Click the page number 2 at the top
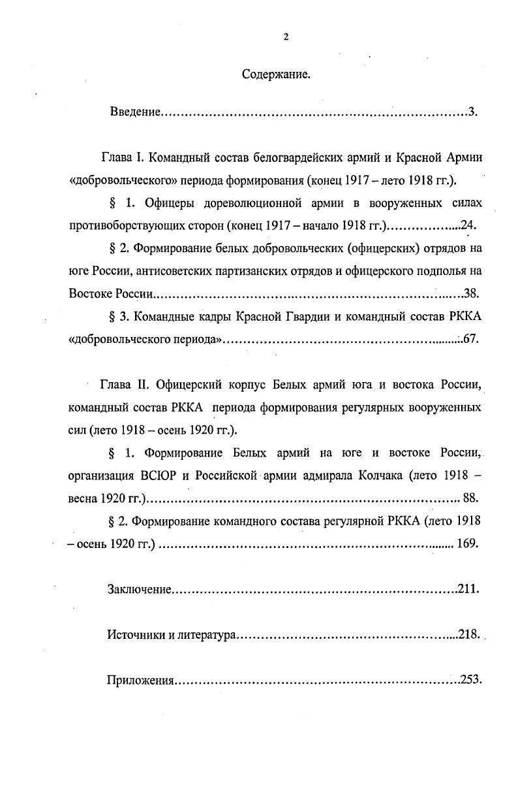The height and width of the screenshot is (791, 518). (285, 37)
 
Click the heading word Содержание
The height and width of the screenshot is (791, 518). (276, 74)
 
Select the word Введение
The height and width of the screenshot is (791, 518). (135, 112)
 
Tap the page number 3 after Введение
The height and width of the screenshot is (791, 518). (471, 112)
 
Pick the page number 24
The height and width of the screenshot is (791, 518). (467, 226)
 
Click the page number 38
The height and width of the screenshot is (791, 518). (470, 293)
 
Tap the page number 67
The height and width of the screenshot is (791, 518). (470, 339)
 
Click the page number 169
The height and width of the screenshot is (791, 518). (467, 543)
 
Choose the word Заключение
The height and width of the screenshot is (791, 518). (139, 589)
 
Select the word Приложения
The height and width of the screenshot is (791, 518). (140, 680)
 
